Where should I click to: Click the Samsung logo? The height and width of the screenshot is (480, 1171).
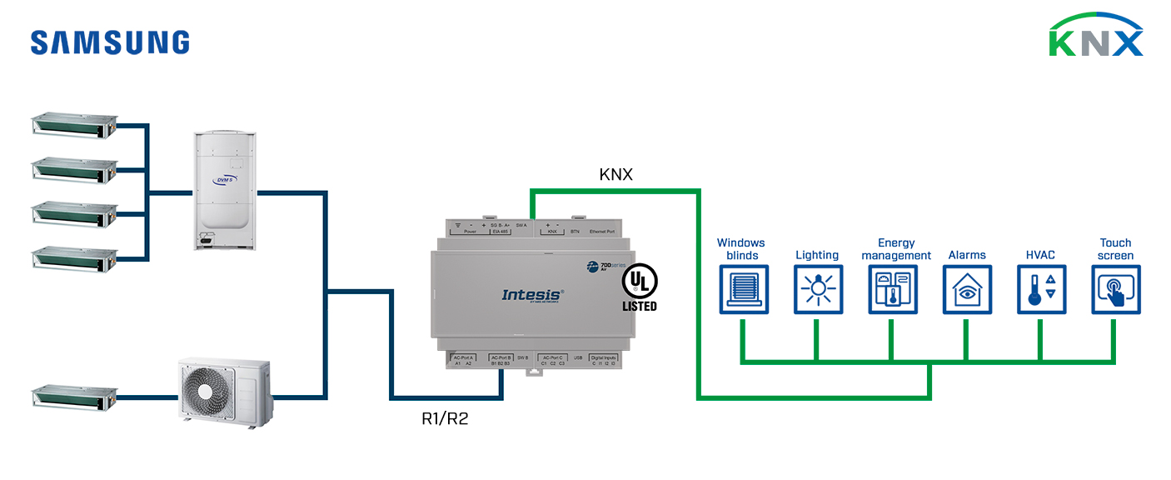pos(110,42)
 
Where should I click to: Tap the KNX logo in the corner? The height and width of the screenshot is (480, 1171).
pos(1095,36)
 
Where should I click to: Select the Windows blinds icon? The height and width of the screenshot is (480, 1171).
pos(743,290)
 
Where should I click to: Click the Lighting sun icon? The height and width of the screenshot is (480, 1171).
pos(817,290)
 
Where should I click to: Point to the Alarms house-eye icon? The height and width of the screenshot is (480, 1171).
pos(967,290)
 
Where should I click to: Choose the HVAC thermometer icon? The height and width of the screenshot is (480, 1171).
pos(1041,290)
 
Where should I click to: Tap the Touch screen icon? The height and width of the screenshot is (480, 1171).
pos(1115,290)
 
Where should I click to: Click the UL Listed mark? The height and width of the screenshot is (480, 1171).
pos(639,289)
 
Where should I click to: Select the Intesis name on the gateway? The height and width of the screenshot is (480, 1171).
pos(532,294)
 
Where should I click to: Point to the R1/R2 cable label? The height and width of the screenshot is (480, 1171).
pos(445,418)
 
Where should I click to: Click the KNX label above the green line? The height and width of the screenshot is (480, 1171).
pos(616,175)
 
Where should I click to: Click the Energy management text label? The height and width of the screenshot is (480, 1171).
pos(896,249)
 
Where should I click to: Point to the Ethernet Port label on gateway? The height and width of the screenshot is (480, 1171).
pos(601,231)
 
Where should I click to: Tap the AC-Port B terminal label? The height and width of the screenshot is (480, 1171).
pos(501,357)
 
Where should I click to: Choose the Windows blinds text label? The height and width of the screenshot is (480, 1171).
pos(740,249)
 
